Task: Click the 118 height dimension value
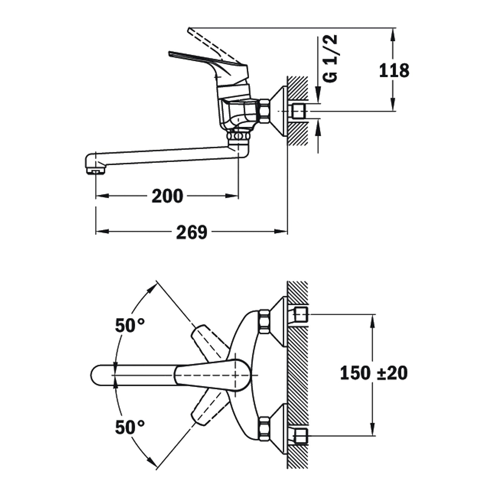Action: click(x=394, y=71)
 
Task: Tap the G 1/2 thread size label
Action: click(x=331, y=58)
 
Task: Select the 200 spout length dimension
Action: click(x=167, y=196)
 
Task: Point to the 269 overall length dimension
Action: click(x=192, y=232)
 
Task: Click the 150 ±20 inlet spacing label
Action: click(x=374, y=373)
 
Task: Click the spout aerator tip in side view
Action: click(x=96, y=171)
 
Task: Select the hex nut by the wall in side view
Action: click(x=264, y=111)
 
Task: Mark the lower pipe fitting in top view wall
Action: click(x=302, y=436)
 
